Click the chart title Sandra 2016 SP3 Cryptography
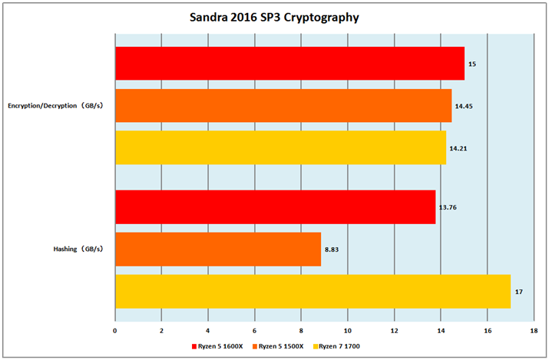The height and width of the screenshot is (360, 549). point(274,16)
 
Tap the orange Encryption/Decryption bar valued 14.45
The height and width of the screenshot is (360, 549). point(283,105)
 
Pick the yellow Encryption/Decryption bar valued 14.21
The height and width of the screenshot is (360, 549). point(280,147)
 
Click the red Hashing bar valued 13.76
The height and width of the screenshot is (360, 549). point(275,207)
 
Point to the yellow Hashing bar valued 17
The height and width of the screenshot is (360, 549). point(313,292)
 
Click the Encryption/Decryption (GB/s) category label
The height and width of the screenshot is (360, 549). point(55,105)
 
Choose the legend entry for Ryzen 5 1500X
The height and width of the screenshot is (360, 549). point(280,346)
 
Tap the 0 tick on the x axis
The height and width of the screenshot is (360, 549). point(115,332)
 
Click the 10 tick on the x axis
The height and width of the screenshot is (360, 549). point(348,332)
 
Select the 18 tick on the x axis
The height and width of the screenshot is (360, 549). point(534,332)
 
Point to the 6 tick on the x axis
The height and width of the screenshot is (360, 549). point(255,332)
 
